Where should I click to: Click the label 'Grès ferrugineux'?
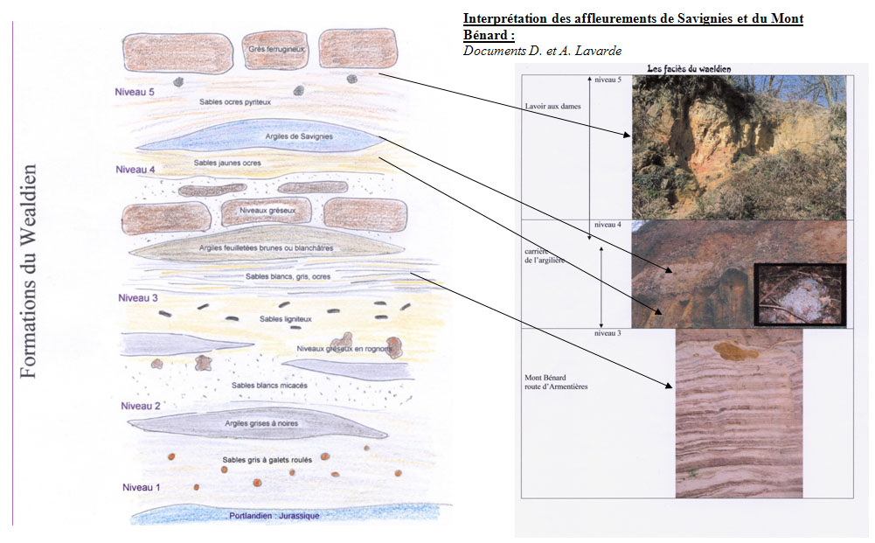pyautogui.click(x=275, y=49)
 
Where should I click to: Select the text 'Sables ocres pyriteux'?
pyautogui.click(x=235, y=101)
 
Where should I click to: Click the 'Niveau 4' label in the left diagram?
pyautogui.click(x=135, y=169)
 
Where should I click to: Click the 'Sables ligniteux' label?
pyautogui.click(x=285, y=319)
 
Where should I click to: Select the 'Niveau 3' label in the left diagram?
pyautogui.click(x=138, y=298)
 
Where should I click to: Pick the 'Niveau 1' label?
pyautogui.click(x=141, y=487)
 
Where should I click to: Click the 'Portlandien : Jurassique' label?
pyautogui.click(x=274, y=515)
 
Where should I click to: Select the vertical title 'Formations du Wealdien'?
pyautogui.click(x=28, y=271)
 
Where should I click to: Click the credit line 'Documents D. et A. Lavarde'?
pyautogui.click(x=542, y=51)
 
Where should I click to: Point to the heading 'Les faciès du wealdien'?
pyautogui.click(x=688, y=68)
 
